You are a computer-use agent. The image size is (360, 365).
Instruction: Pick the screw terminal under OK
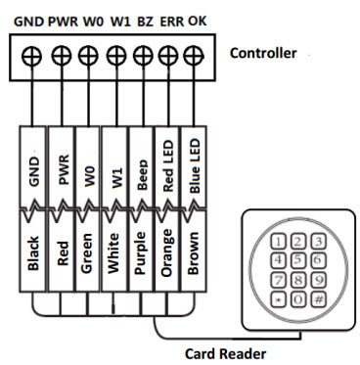click(195, 55)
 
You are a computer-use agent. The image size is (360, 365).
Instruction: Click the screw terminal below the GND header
click(33, 55)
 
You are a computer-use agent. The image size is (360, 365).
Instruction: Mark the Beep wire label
click(142, 173)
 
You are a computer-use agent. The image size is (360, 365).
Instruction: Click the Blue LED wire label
click(196, 161)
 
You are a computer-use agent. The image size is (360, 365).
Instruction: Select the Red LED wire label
click(168, 163)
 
